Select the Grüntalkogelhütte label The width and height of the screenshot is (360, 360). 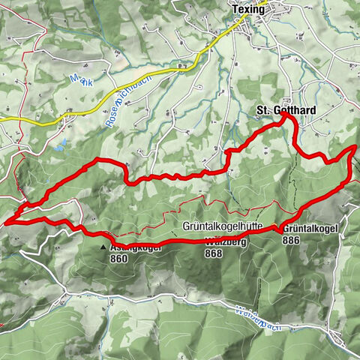click(222, 226)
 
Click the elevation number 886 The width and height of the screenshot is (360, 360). click(292, 240)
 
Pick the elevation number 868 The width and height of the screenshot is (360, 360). click(212, 253)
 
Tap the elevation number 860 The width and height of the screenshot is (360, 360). click(118, 259)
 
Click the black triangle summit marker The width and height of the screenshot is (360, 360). click(103, 245)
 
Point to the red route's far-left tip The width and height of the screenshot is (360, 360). click(6, 221)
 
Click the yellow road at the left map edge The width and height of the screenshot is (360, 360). click(2, 120)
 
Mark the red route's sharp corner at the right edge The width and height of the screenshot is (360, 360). click(353, 148)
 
